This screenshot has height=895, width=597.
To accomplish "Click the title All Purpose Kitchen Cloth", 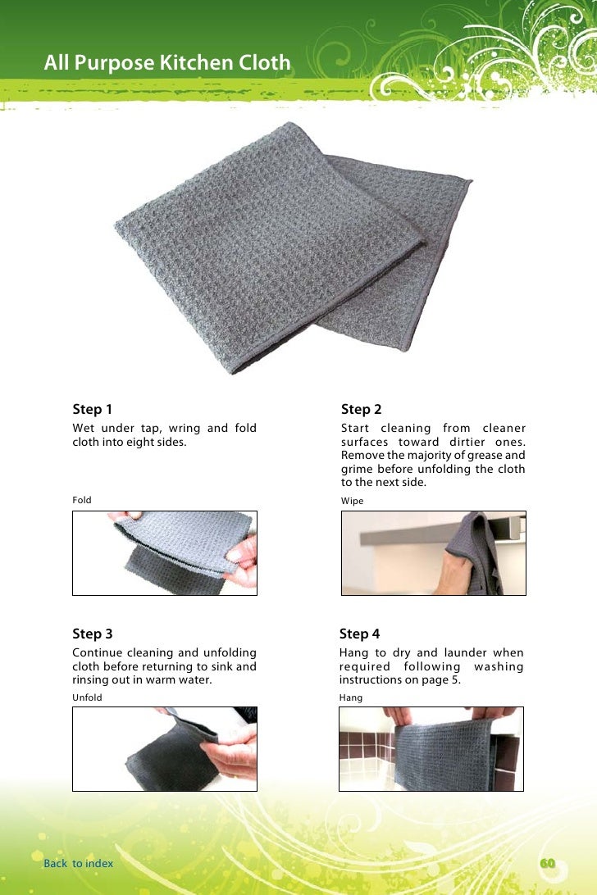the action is (x=167, y=63).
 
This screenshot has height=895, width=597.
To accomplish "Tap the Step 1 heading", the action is (x=92, y=409).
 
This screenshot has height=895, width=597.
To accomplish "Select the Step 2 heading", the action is (x=361, y=409).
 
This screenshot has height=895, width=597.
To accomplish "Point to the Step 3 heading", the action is (x=93, y=634).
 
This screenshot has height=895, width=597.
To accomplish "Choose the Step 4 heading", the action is (x=359, y=634).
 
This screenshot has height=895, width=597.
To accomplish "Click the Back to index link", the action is (x=78, y=864).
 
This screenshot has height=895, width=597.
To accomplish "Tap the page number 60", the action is (x=547, y=864).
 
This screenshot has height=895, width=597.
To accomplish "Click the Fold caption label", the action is (x=82, y=500).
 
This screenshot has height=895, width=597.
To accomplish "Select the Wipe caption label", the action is (x=352, y=501).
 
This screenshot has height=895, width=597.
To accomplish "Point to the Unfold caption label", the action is (x=87, y=697).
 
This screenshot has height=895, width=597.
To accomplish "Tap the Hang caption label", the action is (x=351, y=697).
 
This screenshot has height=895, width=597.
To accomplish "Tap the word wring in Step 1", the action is (x=185, y=429).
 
